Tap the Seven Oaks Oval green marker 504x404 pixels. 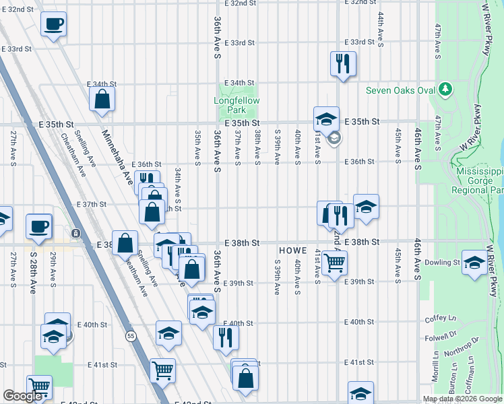tap(445, 89)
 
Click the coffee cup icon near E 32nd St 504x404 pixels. tap(53, 25)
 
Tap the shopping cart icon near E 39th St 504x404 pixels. tap(335, 263)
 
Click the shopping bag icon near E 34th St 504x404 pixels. tap(102, 100)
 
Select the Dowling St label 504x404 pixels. tap(442, 263)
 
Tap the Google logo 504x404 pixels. tap(22, 396)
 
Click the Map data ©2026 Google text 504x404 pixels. tap(462, 399)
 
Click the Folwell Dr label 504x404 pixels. tap(445, 333)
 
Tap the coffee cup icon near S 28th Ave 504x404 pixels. tap(39, 227)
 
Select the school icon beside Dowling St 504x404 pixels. tap(474, 263)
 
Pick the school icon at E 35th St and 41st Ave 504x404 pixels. tap(326, 119)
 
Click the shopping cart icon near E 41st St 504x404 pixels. tap(162, 369)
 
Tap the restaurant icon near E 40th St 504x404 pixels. tap(226, 336)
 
